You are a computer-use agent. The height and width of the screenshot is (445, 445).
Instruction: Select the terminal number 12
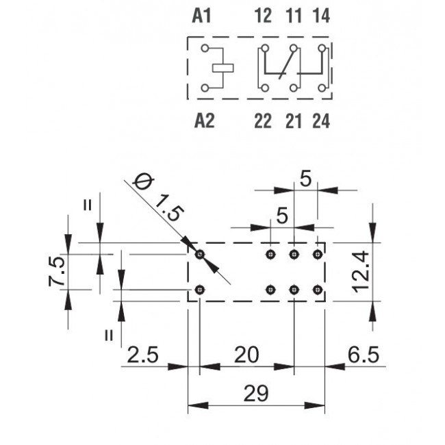264,16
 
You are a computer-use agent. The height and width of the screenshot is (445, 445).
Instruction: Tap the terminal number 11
292,16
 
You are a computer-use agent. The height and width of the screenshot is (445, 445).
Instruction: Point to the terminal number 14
320,16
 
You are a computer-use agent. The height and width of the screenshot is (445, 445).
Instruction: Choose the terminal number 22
264,121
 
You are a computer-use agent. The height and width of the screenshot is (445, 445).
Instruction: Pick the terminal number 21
292,121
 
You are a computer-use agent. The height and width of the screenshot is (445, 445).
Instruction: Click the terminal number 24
320,121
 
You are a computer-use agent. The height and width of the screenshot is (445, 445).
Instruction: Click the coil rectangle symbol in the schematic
225,68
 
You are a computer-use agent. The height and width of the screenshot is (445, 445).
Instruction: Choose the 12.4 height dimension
364,271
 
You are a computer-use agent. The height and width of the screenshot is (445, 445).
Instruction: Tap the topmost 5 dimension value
305,179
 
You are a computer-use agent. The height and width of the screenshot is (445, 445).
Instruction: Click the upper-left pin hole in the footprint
199,255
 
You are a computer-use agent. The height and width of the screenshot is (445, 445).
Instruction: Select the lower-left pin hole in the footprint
199,290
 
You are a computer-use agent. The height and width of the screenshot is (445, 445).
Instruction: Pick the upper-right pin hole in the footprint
317,255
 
